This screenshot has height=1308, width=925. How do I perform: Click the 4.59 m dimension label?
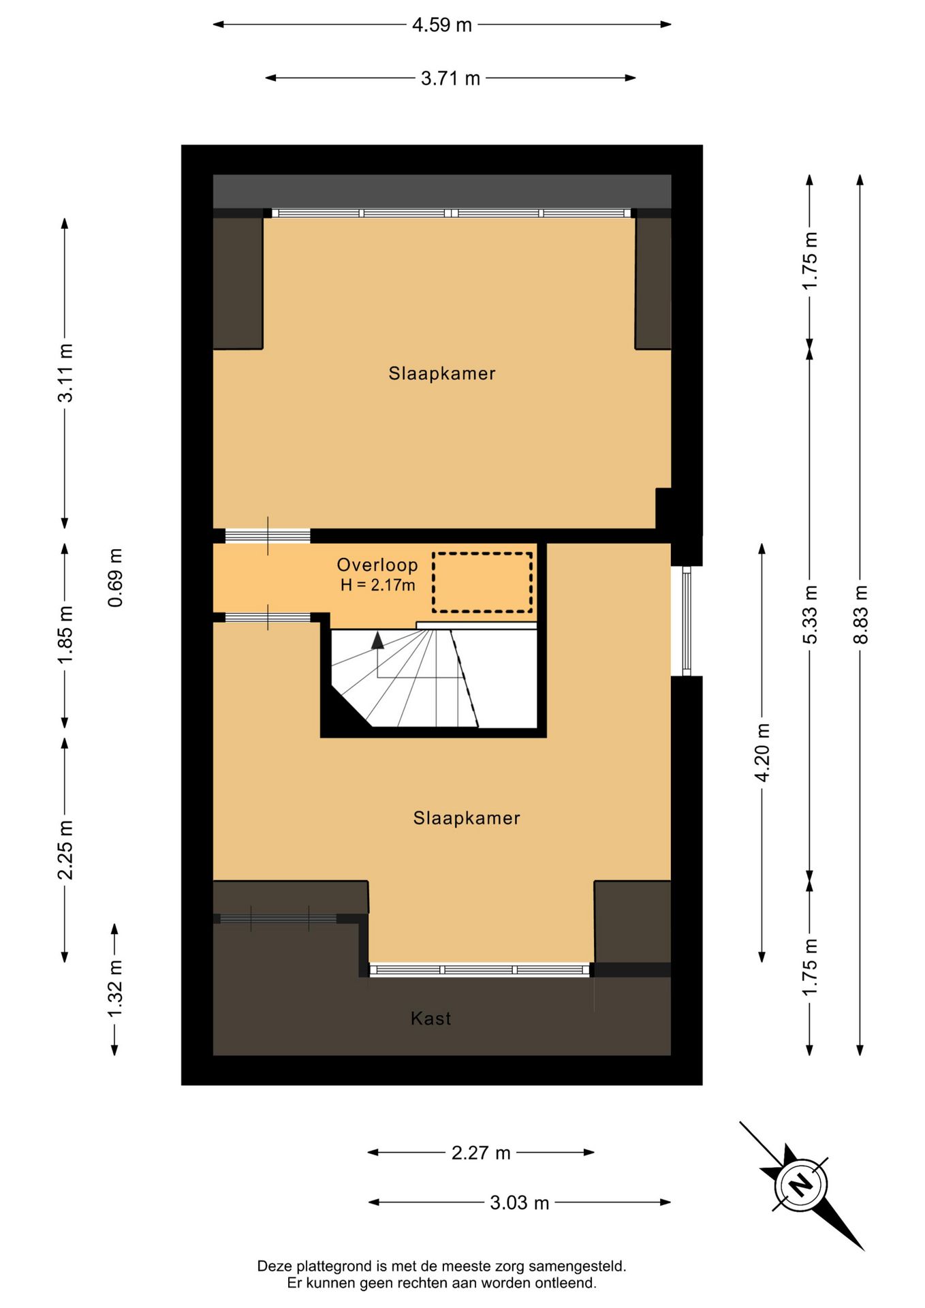pos(441,25)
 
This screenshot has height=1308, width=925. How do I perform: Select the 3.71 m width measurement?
pos(450,79)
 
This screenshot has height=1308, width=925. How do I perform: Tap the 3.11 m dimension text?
pos(65,373)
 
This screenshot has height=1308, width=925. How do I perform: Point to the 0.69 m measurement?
pos(116,577)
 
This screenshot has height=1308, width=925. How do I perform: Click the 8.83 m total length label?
pos(861,614)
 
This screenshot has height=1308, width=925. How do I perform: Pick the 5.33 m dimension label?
pos(810,614)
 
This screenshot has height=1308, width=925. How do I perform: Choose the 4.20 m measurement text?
pos(762,753)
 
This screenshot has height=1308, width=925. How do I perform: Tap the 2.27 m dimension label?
pos(481,1153)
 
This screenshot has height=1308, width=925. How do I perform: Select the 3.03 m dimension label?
pos(519,1202)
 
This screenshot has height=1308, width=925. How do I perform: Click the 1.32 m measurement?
pos(115,988)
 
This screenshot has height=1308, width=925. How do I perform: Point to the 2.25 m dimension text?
pos(65,850)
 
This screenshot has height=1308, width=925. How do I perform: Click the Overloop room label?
pos(377,565)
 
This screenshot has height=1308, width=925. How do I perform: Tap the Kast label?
pos(430,1018)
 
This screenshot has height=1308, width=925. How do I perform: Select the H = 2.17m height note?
pos(377,585)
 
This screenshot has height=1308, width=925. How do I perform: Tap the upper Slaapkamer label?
pos(442,373)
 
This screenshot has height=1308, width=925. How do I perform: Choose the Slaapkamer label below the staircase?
pos(467,818)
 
